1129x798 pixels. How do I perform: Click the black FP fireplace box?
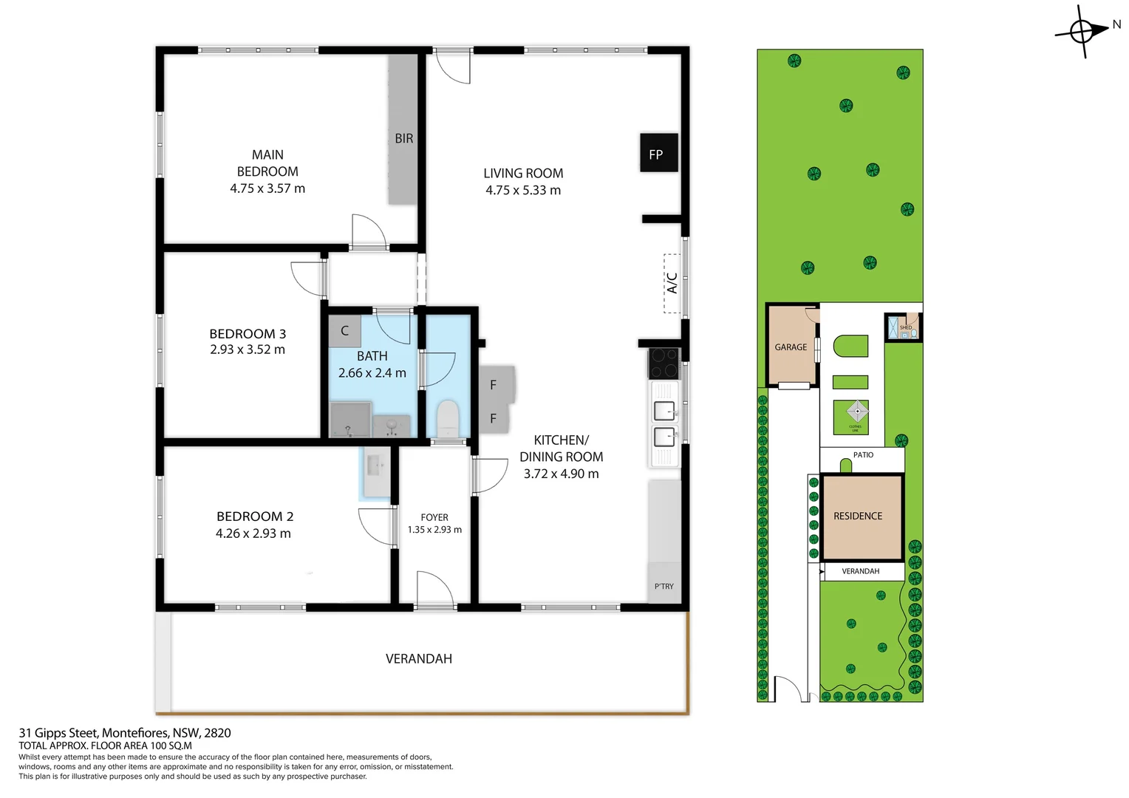tap(658, 153)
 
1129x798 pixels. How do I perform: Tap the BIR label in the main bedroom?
tap(403, 138)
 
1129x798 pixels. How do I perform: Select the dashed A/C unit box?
tap(672, 283)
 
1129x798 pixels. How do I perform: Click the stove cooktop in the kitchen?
tap(664, 363)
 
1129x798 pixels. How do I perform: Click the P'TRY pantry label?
tap(664, 586)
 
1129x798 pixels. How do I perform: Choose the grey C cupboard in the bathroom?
tap(344, 331)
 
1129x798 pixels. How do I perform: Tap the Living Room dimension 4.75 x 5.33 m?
tap(522, 190)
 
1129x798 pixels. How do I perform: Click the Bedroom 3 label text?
tap(248, 334)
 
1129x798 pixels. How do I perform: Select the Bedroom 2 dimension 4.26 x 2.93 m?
tap(253, 533)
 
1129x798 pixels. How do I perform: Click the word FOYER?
tap(434, 517)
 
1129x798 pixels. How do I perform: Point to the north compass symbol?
tap(1082, 32)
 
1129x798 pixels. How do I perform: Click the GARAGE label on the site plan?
tap(791, 347)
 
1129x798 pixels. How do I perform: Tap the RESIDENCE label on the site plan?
tap(858, 516)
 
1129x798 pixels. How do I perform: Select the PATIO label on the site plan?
tap(863, 455)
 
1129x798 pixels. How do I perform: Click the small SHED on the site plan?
tap(904, 327)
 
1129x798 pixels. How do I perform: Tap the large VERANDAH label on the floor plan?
tap(419, 658)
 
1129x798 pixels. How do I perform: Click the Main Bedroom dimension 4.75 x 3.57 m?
tap(267, 188)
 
